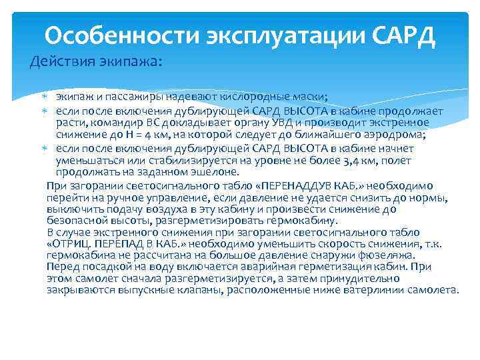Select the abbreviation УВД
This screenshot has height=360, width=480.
click(289, 123)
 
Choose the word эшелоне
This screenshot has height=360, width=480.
click(212, 171)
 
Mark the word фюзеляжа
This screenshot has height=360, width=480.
click(388, 255)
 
